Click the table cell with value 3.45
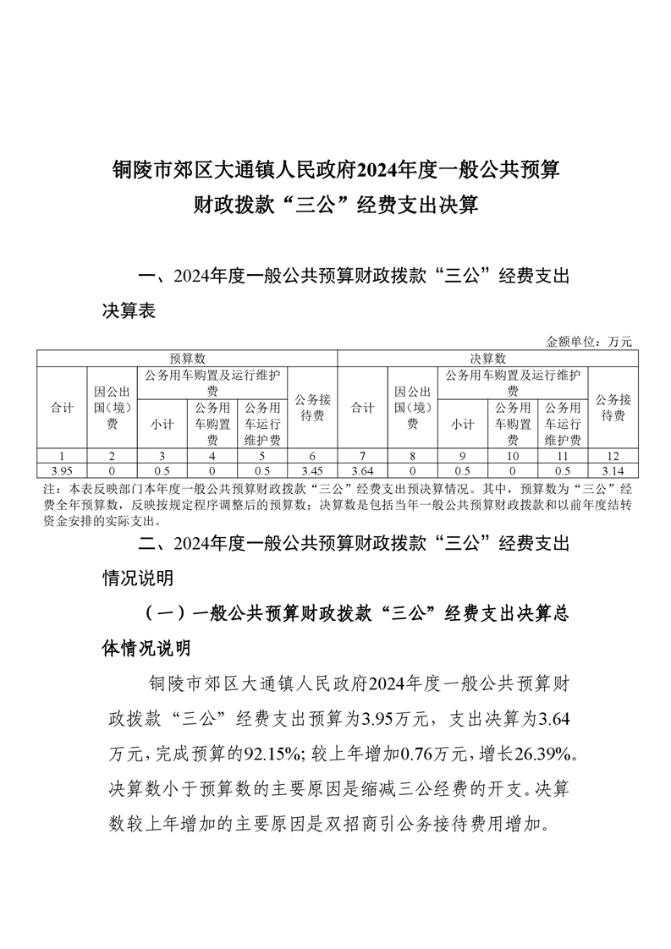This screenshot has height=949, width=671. coord(313,470)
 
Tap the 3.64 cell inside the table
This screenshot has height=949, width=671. coord(362,470)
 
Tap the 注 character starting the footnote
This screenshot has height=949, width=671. coord(47,490)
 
